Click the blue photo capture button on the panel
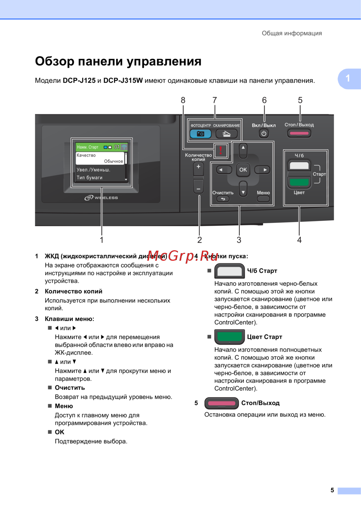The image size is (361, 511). (200, 134)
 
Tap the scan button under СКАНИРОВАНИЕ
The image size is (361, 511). (226, 134)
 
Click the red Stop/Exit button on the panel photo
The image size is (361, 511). (299, 133)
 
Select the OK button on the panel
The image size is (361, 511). (243, 170)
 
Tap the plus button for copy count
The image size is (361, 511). (198, 168)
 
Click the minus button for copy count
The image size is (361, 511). (198, 188)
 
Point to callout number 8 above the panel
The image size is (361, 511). (183, 100)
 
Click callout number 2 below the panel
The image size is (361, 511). (200, 240)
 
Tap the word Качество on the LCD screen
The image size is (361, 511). (86, 155)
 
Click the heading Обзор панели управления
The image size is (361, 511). (118, 61)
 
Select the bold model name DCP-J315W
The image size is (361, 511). (123, 81)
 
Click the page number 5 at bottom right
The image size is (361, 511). (332, 490)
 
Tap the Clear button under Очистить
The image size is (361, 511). (223, 199)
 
